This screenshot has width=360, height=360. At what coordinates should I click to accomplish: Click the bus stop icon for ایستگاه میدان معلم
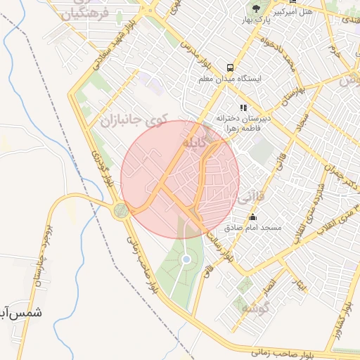coord(230,67)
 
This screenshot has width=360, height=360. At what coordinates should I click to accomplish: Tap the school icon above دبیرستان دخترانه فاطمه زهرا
coord(243,108)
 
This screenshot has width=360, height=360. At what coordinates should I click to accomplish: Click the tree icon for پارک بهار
coord(257,8)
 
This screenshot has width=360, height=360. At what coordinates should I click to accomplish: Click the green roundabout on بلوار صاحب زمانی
coord(122,210)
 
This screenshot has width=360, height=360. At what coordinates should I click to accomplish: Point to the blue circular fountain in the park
coord(186,259)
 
